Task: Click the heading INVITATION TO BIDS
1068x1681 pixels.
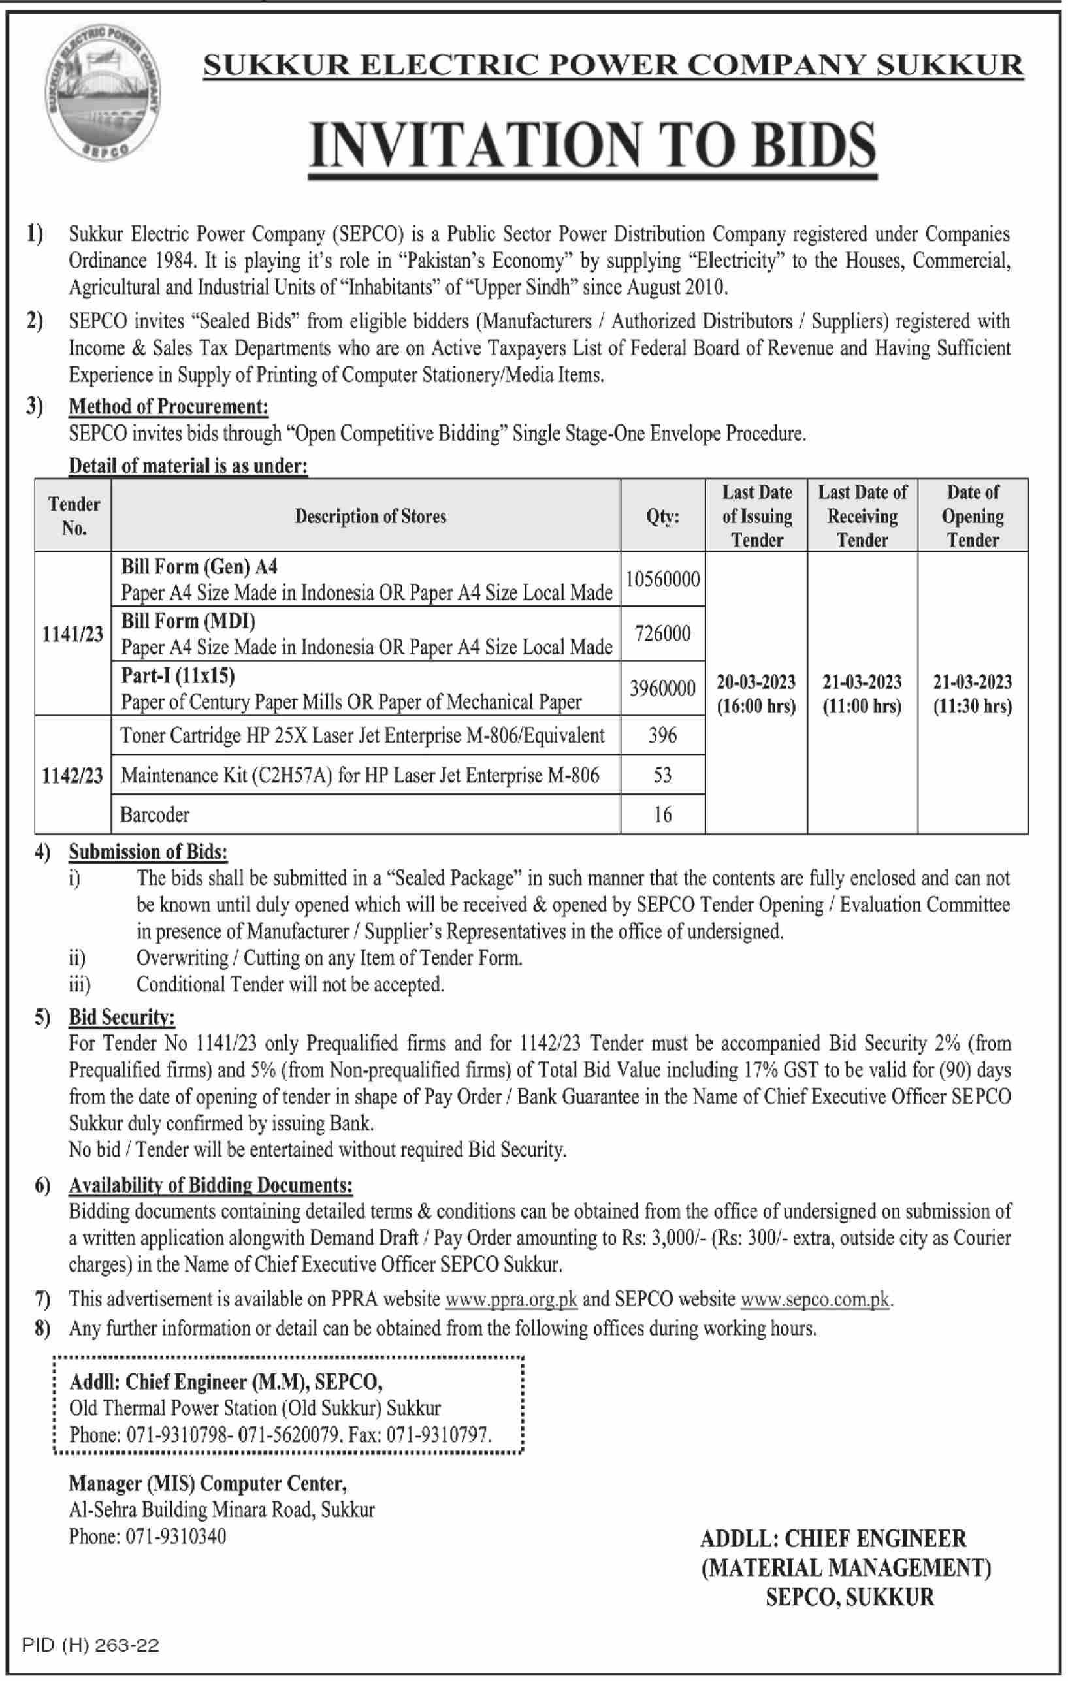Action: coord(592,144)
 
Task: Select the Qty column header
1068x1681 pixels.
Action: coord(662,517)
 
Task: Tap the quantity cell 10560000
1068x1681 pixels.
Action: coord(662,579)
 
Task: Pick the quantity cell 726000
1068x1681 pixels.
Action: coord(662,633)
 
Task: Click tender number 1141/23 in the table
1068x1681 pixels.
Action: coord(73,634)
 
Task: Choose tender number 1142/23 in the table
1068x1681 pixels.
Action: coord(73,776)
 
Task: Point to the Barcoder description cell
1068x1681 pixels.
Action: coord(155,814)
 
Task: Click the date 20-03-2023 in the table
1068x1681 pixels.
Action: coord(756,682)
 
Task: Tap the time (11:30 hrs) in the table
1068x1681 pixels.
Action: coord(973,707)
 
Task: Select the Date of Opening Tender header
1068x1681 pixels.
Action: coord(973,516)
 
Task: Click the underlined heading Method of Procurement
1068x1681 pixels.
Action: coord(169,406)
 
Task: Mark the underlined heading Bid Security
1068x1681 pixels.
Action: coord(121,1017)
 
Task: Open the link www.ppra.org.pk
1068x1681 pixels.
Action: coord(511,1300)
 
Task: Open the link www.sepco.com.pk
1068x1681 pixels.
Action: coord(815,1300)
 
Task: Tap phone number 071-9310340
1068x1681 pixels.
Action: coord(176,1537)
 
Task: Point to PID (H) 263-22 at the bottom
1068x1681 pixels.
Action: coord(91,1645)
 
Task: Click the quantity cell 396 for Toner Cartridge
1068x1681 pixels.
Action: coord(662,735)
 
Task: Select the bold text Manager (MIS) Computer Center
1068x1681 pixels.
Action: coord(207,1483)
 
